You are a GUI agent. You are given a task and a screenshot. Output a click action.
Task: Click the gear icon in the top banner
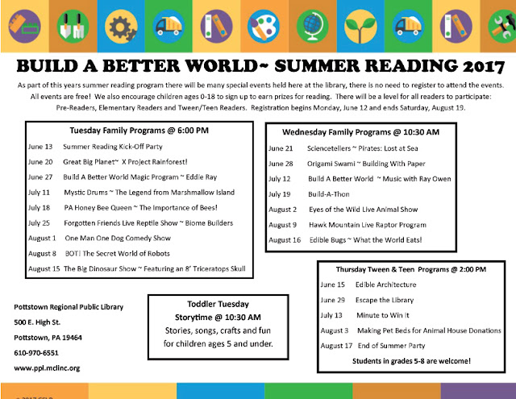click(x=120, y=27)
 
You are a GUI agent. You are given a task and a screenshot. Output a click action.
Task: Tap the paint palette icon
click(x=264, y=27)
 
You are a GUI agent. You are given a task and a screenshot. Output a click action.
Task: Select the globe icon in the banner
click(x=312, y=27)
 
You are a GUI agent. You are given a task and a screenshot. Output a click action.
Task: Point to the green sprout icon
click(x=360, y=27)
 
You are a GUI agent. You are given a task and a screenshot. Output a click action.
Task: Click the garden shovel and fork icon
click(x=73, y=27)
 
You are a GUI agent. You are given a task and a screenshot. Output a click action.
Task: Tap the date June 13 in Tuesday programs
click(x=40, y=147)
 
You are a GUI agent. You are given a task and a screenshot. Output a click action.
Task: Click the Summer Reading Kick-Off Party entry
click(x=113, y=147)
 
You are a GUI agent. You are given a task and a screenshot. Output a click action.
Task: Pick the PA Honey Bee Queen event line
click(x=140, y=208)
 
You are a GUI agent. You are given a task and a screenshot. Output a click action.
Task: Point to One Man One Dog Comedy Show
click(x=118, y=238)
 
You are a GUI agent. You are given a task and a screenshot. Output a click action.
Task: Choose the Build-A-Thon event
click(x=328, y=194)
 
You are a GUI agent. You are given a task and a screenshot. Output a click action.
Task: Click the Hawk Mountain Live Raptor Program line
click(x=368, y=225)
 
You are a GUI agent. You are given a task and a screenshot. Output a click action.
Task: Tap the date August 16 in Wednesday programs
click(x=285, y=240)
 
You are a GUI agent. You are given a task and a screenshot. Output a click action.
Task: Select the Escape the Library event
click(x=385, y=300)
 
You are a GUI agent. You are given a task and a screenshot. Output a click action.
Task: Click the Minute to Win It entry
click(x=383, y=315)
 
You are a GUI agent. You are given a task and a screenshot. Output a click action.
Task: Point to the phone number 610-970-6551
click(x=36, y=353)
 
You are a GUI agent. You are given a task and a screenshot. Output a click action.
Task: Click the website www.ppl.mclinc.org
click(x=47, y=368)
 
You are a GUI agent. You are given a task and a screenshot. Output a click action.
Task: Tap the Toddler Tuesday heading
click(x=218, y=304)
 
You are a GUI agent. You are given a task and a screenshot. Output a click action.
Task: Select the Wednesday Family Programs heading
click(x=360, y=132)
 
